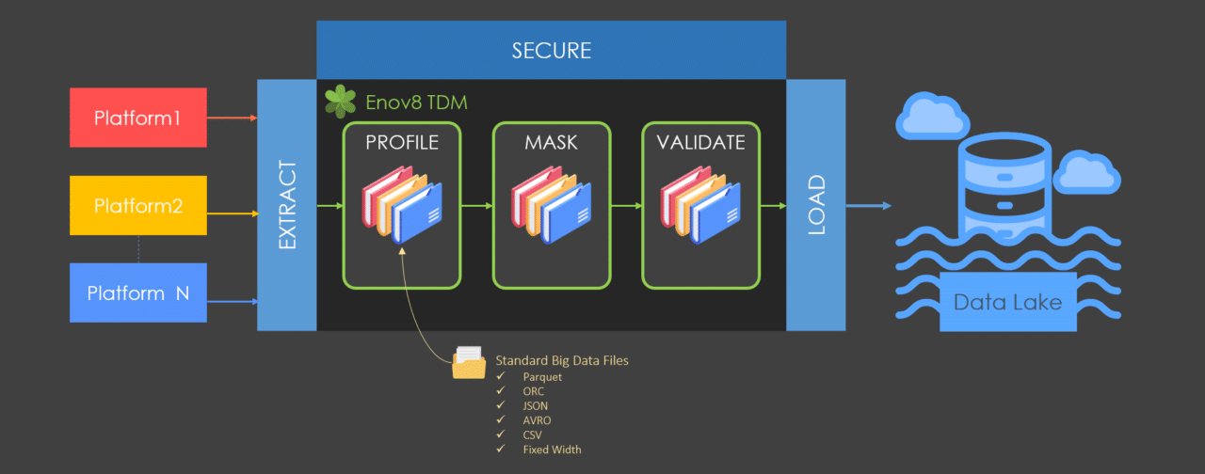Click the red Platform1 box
(138, 118)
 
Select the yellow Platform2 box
(138, 205)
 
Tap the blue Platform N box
(138, 293)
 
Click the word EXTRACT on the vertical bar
(287, 205)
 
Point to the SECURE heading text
(551, 51)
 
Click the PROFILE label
(403, 143)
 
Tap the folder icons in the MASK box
(552, 206)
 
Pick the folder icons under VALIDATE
(700, 206)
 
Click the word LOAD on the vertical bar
(815, 205)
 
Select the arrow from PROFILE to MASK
(477, 205)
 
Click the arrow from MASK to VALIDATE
(626, 205)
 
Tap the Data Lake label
(1007, 303)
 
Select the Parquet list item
(542, 376)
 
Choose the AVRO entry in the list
(537, 420)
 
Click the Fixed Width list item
(552, 450)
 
